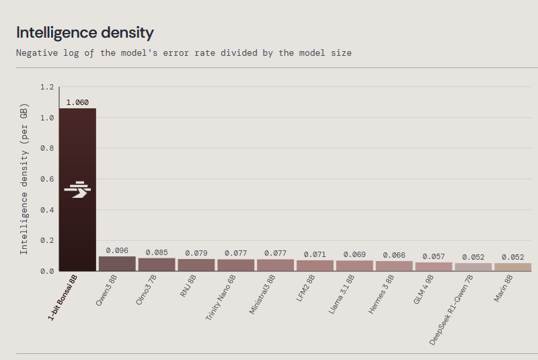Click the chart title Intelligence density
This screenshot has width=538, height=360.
click(x=85, y=32)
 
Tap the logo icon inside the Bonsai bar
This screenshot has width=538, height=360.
click(x=77, y=190)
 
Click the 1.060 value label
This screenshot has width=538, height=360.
click(x=77, y=102)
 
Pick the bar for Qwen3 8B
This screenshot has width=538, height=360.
click(x=117, y=264)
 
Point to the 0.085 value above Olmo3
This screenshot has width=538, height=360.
click(x=157, y=252)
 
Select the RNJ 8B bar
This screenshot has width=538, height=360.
click(x=196, y=265)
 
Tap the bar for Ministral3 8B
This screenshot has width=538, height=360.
click(x=276, y=265)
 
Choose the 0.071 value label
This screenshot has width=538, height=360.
click(x=315, y=254)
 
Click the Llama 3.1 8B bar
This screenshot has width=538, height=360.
click(x=354, y=266)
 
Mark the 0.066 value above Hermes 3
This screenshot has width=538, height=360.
click(x=394, y=255)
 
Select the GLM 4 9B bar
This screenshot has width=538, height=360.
click(x=434, y=266)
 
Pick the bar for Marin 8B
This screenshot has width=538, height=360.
click(x=513, y=267)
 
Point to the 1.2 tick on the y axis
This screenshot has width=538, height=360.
click(x=46, y=87)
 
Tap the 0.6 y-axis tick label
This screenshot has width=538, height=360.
click(x=46, y=179)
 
